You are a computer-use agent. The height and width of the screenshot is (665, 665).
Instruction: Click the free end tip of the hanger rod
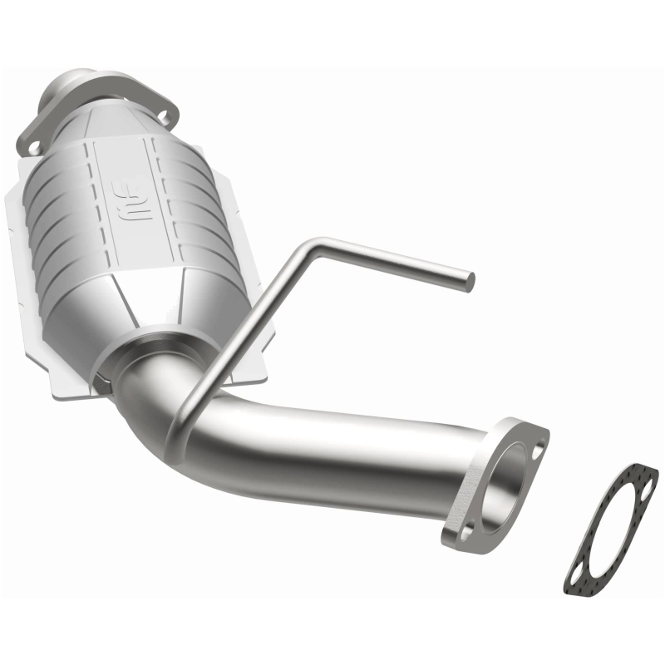[x=468, y=280]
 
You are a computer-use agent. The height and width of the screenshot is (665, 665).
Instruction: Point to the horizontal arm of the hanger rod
[x=391, y=261]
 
